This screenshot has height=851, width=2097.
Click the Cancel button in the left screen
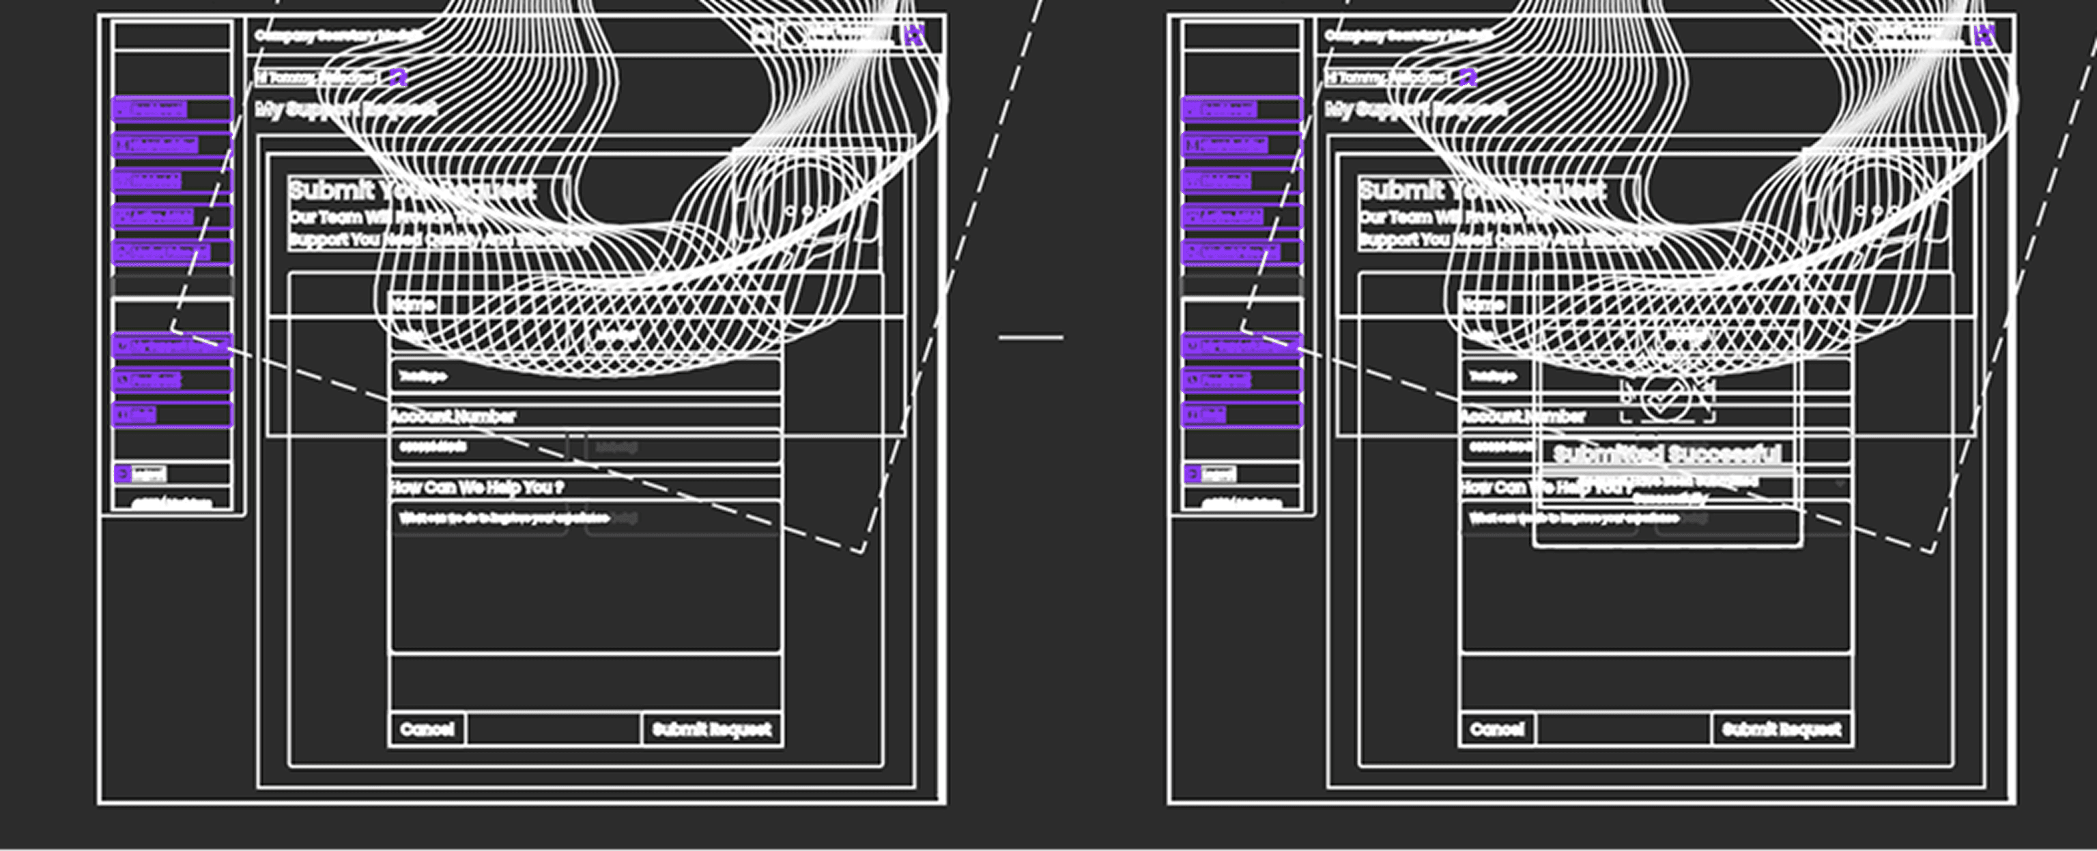(x=427, y=729)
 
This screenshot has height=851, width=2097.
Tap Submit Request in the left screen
(x=711, y=729)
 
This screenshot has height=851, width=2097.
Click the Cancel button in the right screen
(x=1497, y=729)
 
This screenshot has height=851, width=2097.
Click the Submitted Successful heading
(x=1666, y=454)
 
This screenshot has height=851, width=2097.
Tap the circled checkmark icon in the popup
(x=1666, y=398)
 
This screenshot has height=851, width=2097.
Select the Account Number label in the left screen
(x=453, y=417)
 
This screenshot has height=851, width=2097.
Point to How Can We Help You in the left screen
(x=477, y=488)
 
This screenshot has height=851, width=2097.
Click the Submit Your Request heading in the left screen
(x=412, y=190)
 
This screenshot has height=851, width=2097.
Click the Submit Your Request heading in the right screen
(x=1481, y=190)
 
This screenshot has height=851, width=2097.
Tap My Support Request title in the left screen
(x=346, y=109)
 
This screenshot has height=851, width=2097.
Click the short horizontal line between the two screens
(x=1031, y=337)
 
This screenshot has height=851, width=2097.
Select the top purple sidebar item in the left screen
(x=172, y=109)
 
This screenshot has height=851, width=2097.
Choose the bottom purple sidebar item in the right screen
(x=1242, y=415)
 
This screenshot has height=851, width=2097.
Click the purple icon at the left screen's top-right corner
(x=915, y=35)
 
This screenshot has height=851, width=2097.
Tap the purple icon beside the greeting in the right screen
(x=1468, y=77)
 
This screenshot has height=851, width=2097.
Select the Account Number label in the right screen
(x=1523, y=417)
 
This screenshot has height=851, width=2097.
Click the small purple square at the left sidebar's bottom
(x=123, y=473)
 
